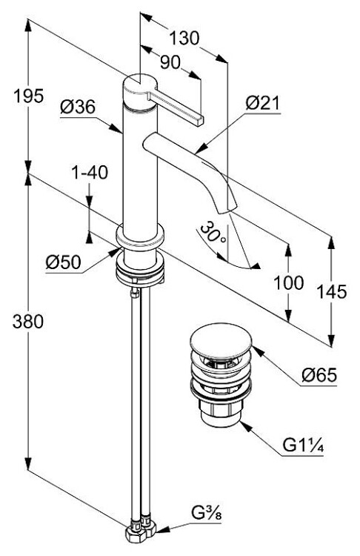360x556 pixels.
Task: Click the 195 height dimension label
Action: [x=28, y=96]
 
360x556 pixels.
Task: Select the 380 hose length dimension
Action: [x=28, y=322]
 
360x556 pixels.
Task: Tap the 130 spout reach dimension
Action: [x=184, y=39]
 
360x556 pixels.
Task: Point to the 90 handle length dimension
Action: [x=170, y=62]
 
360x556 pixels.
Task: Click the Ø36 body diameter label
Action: [x=78, y=106]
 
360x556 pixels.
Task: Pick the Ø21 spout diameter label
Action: [x=262, y=103]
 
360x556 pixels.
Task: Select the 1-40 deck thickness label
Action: [x=90, y=173]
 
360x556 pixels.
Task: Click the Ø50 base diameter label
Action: [x=64, y=262]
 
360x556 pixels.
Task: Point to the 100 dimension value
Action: [x=289, y=282]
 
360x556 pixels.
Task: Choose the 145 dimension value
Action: [x=331, y=291]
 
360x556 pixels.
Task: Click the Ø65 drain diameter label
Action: [x=319, y=375]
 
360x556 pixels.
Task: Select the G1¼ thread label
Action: [x=303, y=446]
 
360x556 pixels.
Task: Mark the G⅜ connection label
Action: [x=207, y=513]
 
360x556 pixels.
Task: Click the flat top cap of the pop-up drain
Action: [x=221, y=336]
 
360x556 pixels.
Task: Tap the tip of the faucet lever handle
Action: [x=199, y=121]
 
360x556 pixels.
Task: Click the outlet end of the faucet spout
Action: [x=227, y=211]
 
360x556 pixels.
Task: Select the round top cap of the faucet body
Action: [x=140, y=85]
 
